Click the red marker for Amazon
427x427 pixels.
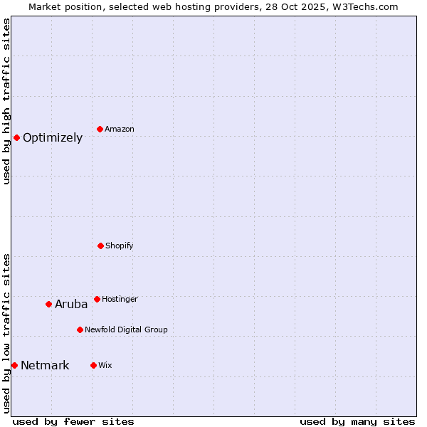[100, 129]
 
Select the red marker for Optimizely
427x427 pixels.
[16, 137]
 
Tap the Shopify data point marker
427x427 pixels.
[100, 246]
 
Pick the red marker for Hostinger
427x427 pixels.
[97, 299]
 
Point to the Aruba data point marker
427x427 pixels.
[48, 304]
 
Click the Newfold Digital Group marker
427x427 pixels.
[80, 330]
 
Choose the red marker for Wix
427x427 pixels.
[93, 365]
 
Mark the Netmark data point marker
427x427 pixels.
[14, 365]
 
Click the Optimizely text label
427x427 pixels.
[53, 138]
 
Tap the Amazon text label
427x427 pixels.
[120, 129]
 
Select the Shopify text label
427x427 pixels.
[120, 246]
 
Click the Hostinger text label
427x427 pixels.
[120, 299]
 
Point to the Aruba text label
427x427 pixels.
[71, 305]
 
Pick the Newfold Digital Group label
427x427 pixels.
[126, 330]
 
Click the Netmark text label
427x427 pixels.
[45, 366]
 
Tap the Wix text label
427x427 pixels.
[105, 365]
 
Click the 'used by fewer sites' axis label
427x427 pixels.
[73, 421]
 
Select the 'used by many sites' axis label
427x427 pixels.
[357, 421]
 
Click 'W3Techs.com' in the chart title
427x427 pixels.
[361, 6]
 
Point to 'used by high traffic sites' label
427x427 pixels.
[6, 101]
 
